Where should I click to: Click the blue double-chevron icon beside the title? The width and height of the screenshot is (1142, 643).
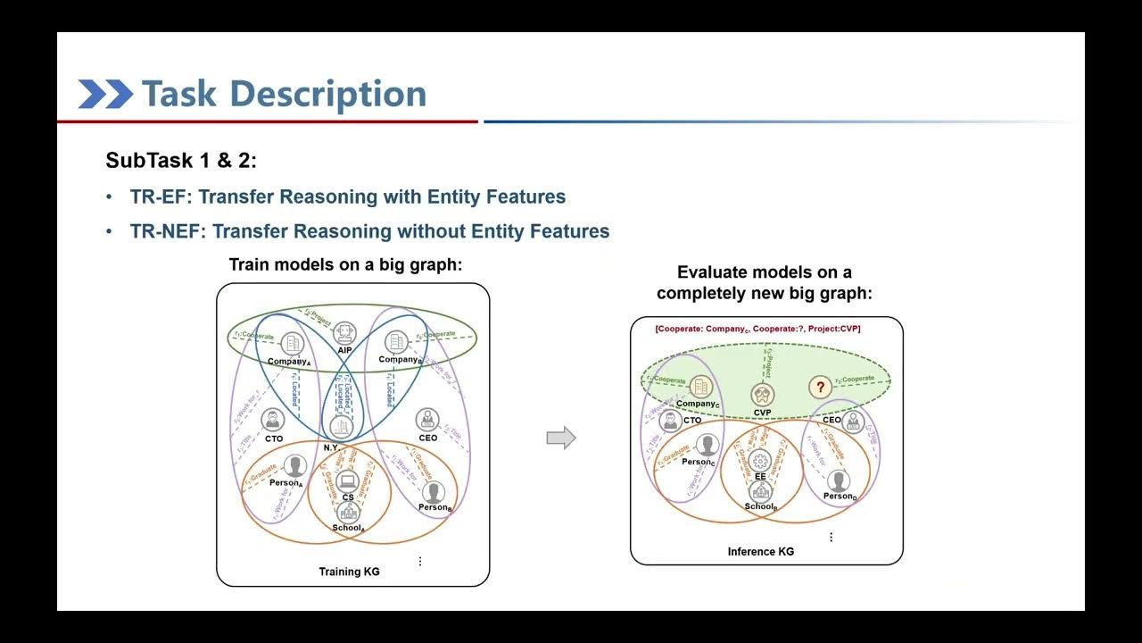(x=105, y=94)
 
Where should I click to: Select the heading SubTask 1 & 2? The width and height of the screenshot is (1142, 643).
(x=181, y=161)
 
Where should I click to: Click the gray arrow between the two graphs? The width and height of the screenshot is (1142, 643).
(x=561, y=438)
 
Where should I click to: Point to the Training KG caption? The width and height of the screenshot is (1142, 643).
(x=349, y=572)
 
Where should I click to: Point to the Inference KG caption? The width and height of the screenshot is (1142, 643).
(x=760, y=552)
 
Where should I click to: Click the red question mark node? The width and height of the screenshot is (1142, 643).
(x=819, y=388)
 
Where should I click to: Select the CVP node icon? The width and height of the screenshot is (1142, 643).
(x=762, y=394)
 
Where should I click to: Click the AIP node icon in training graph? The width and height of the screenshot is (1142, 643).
(x=344, y=333)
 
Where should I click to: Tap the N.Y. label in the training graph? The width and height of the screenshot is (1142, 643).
(x=331, y=447)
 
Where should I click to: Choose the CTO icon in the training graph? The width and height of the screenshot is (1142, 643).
(x=273, y=420)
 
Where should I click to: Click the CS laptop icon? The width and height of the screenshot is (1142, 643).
(x=347, y=480)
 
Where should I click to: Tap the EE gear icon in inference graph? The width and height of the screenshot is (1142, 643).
(x=760, y=462)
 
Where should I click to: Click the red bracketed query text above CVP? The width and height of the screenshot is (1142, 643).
(x=757, y=329)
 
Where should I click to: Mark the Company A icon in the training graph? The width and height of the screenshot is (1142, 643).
(x=291, y=344)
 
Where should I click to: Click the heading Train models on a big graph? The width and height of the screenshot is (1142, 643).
(x=346, y=265)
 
